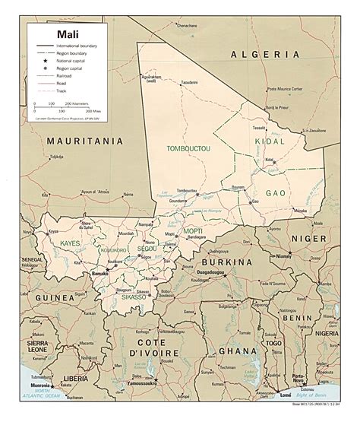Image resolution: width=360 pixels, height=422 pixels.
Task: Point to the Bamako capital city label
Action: click(99, 271)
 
